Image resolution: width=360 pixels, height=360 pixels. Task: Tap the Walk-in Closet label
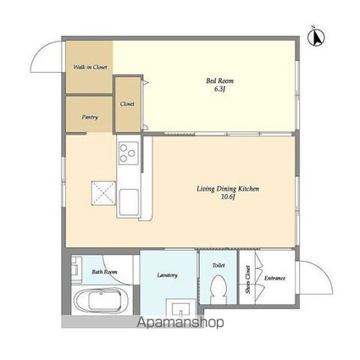pyautogui.click(x=88, y=66)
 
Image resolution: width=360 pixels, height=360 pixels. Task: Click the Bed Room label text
pyautogui.click(x=219, y=80)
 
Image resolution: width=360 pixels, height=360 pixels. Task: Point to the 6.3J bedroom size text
pyautogui.click(x=220, y=90)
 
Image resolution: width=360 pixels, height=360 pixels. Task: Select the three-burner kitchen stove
pyautogui.click(x=129, y=153)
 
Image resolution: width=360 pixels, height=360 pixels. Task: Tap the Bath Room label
pyautogui.click(x=104, y=272)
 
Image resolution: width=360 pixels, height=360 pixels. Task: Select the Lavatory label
pyautogui.click(x=167, y=275)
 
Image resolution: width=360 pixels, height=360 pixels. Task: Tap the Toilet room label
pyautogui.click(x=218, y=265)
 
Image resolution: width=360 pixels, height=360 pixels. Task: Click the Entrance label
pyautogui.click(x=274, y=278)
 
